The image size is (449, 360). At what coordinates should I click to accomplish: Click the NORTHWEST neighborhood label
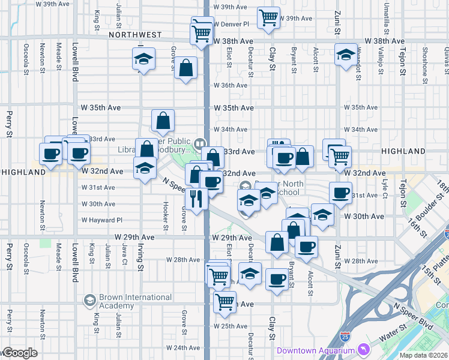tap(136, 35)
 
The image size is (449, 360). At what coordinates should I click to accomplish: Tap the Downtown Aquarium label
tap(315, 350)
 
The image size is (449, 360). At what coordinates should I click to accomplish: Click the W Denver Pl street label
tap(232, 24)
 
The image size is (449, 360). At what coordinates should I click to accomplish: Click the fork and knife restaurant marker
tap(196, 199)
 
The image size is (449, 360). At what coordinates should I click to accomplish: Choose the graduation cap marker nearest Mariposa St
tap(345, 55)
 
